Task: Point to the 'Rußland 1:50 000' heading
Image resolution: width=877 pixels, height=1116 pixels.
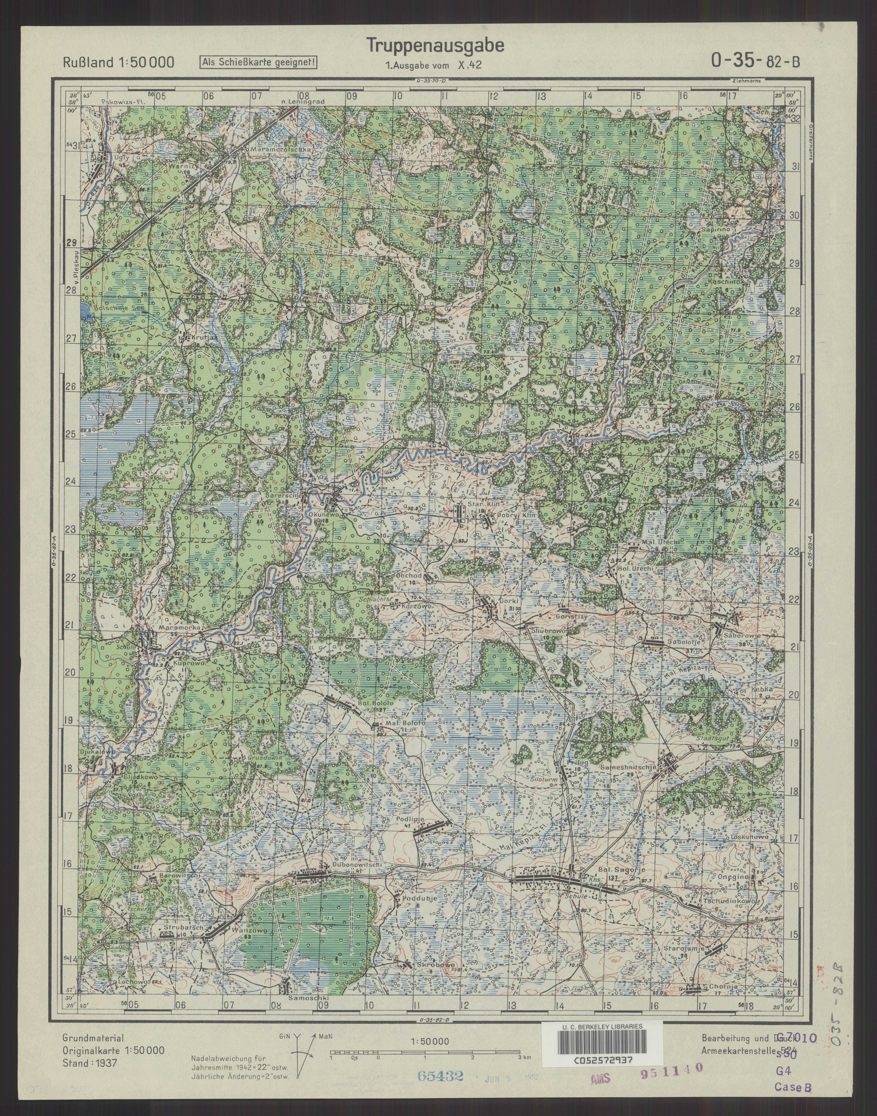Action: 118,63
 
